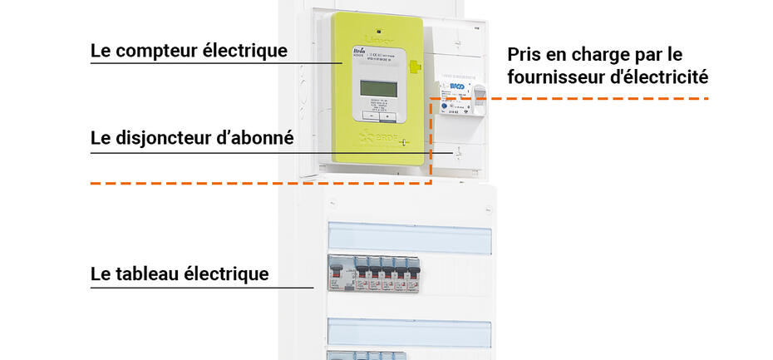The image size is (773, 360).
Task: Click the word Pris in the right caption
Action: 525,56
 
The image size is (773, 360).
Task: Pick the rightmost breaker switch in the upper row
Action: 412,272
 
